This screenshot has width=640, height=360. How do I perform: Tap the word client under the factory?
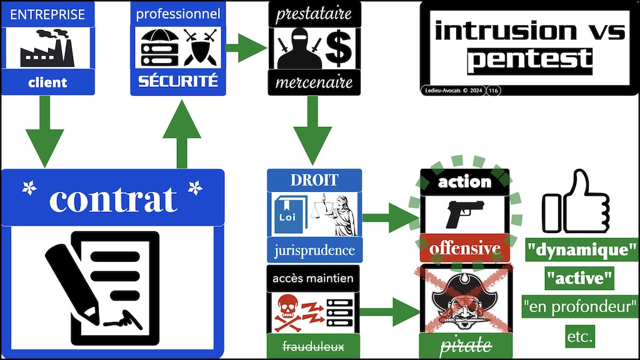click(47, 82)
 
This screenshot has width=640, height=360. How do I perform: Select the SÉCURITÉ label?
click(177, 81)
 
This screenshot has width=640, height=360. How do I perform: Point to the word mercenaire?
click(314, 82)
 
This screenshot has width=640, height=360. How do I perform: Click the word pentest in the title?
click(529, 60)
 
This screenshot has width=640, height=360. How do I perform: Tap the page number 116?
click(493, 91)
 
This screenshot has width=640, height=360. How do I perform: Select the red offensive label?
click(464, 248)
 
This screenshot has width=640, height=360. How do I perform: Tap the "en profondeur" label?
click(579, 306)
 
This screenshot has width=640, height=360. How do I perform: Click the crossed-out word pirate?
click(466, 346)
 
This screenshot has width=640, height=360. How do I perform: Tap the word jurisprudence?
click(314, 251)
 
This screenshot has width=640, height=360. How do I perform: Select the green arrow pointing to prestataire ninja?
click(244, 49)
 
